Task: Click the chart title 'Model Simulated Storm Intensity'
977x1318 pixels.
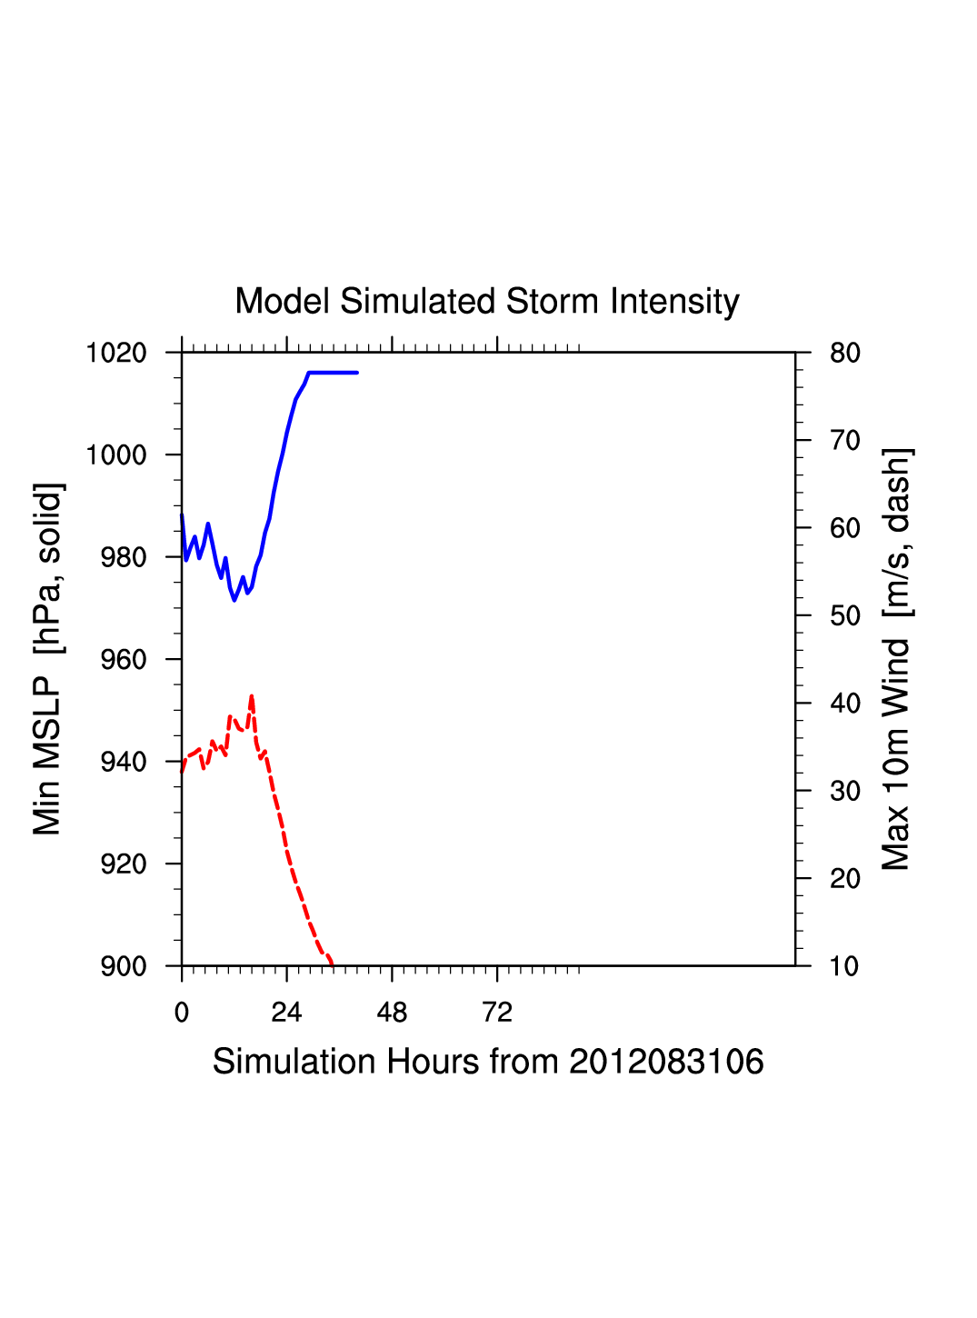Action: pyautogui.click(x=487, y=302)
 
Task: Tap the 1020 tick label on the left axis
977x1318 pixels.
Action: pyautogui.click(x=116, y=353)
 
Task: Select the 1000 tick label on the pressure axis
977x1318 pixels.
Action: pyautogui.click(x=116, y=454)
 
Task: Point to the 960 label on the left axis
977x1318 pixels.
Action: pyautogui.click(x=123, y=659)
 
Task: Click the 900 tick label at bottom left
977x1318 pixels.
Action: pyautogui.click(x=123, y=966)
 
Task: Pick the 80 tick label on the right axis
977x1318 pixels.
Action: pyautogui.click(x=844, y=353)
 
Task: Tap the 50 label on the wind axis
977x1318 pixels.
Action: pyautogui.click(x=844, y=615)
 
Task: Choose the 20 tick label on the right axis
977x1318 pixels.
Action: pyautogui.click(x=844, y=878)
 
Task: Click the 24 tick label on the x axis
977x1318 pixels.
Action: pyautogui.click(x=286, y=1013)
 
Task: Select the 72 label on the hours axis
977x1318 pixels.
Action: pyautogui.click(x=497, y=1013)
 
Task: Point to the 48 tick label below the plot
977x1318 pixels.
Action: pyautogui.click(x=392, y=1013)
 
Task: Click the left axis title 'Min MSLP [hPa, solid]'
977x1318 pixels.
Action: pyautogui.click(x=47, y=659)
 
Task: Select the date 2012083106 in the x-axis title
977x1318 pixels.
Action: pyautogui.click(x=666, y=1062)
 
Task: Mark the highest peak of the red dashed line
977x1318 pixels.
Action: pyautogui.click(x=252, y=696)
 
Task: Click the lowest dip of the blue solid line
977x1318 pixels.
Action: pyautogui.click(x=234, y=600)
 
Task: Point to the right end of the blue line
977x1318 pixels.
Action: pyautogui.click(x=357, y=373)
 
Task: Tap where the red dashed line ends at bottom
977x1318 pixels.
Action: pyautogui.click(x=332, y=964)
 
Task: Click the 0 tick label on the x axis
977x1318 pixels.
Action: pyautogui.click(x=182, y=1013)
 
